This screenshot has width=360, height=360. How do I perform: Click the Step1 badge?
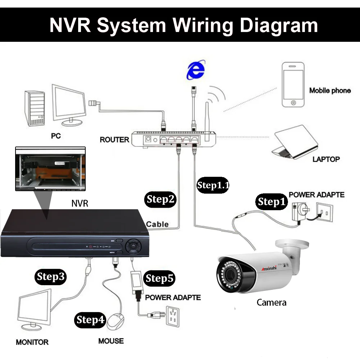click(271, 202)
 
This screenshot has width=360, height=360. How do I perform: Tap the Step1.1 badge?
click(213, 185)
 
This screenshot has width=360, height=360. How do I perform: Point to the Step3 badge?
click(51, 276)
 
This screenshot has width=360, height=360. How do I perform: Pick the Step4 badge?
click(90, 320)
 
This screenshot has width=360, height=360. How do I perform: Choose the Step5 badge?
click(159, 278)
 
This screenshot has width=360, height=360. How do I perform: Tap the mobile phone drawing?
click(293, 85)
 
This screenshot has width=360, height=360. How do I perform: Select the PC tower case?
click(35, 108)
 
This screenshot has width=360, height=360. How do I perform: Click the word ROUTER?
click(114, 139)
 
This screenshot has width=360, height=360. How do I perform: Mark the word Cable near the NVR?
click(157, 224)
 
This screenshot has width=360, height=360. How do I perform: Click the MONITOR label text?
click(32, 342)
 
